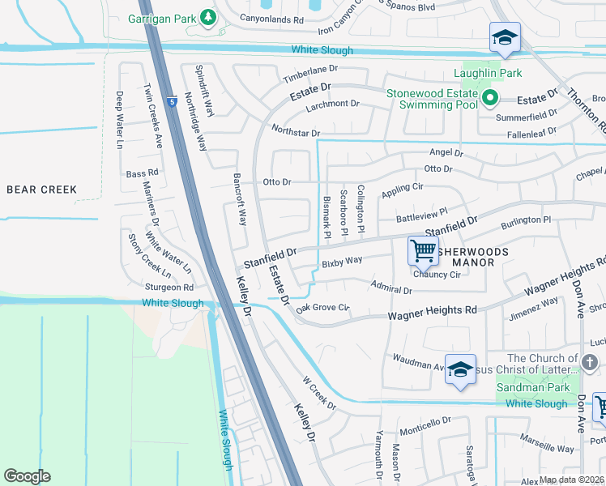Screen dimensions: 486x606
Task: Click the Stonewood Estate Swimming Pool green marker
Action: pos(489,100)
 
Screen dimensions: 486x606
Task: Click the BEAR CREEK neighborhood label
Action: pos(41,190)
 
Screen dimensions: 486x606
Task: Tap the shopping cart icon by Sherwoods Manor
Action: pos(423,250)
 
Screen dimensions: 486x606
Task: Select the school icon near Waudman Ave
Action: pos(459,369)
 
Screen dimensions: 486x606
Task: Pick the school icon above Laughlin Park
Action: pos(504,37)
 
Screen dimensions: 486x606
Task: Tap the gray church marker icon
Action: pos(591,360)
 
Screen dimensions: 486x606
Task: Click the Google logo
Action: pos(27,476)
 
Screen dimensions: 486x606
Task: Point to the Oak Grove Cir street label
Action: pos(322,308)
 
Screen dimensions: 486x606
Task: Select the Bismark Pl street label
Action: pos(327,217)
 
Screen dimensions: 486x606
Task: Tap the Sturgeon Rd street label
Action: pos(169,287)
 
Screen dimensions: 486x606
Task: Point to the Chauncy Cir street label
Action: pos(437,275)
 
